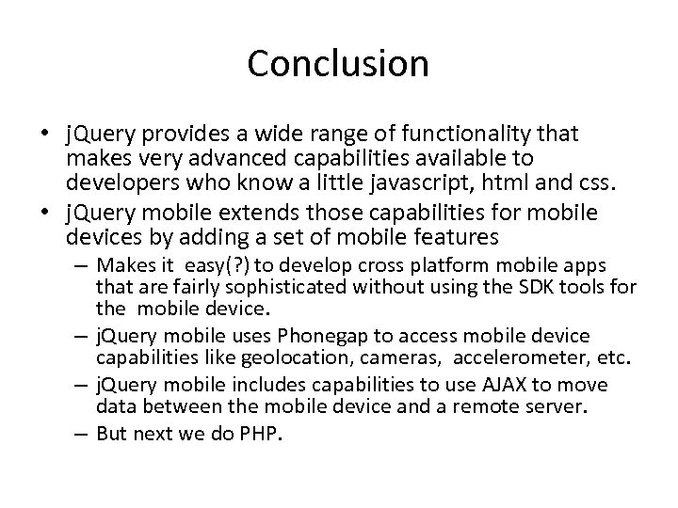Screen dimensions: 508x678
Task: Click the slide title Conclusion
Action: click(x=338, y=64)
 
